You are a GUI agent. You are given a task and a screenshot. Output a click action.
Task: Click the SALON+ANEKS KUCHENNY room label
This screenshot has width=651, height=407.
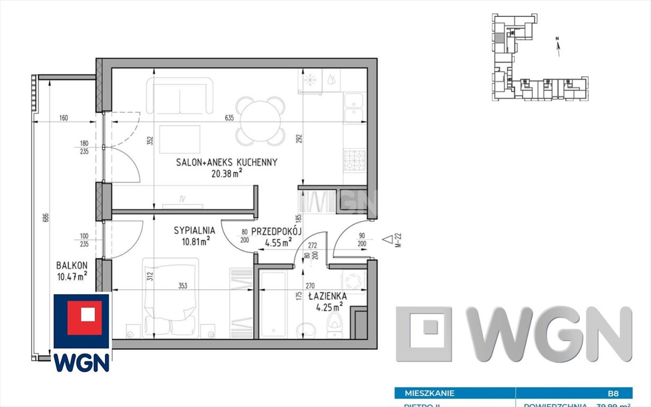click(227, 162)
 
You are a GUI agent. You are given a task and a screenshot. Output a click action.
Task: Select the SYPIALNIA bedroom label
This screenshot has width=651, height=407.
click(194, 231)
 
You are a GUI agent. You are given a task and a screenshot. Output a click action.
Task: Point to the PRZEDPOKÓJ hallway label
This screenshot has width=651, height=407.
click(276, 231)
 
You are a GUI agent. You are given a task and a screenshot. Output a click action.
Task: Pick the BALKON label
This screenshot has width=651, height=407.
click(72, 265)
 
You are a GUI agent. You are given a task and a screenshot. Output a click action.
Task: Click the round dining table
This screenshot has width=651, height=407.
click(261, 121)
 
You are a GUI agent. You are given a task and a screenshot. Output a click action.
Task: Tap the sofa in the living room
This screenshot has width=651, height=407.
click(180, 96)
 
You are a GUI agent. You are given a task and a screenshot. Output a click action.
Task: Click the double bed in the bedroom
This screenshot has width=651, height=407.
click(171, 297)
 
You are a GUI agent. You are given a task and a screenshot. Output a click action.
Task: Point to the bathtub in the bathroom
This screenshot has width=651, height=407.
click(273, 304)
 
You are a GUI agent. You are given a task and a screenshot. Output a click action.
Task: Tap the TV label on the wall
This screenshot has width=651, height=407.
click(182, 199)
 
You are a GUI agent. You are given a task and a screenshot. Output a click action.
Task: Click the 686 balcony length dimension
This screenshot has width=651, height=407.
click(46, 217)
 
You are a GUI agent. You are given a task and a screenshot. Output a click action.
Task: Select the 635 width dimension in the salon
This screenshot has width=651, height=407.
click(229, 118)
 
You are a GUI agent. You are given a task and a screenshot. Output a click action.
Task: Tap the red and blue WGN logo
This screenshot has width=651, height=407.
click(82, 333)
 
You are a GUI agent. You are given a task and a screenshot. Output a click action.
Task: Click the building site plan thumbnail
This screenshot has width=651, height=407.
click(535, 58)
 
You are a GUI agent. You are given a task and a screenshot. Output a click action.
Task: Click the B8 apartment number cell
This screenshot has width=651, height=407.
click(613, 393)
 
